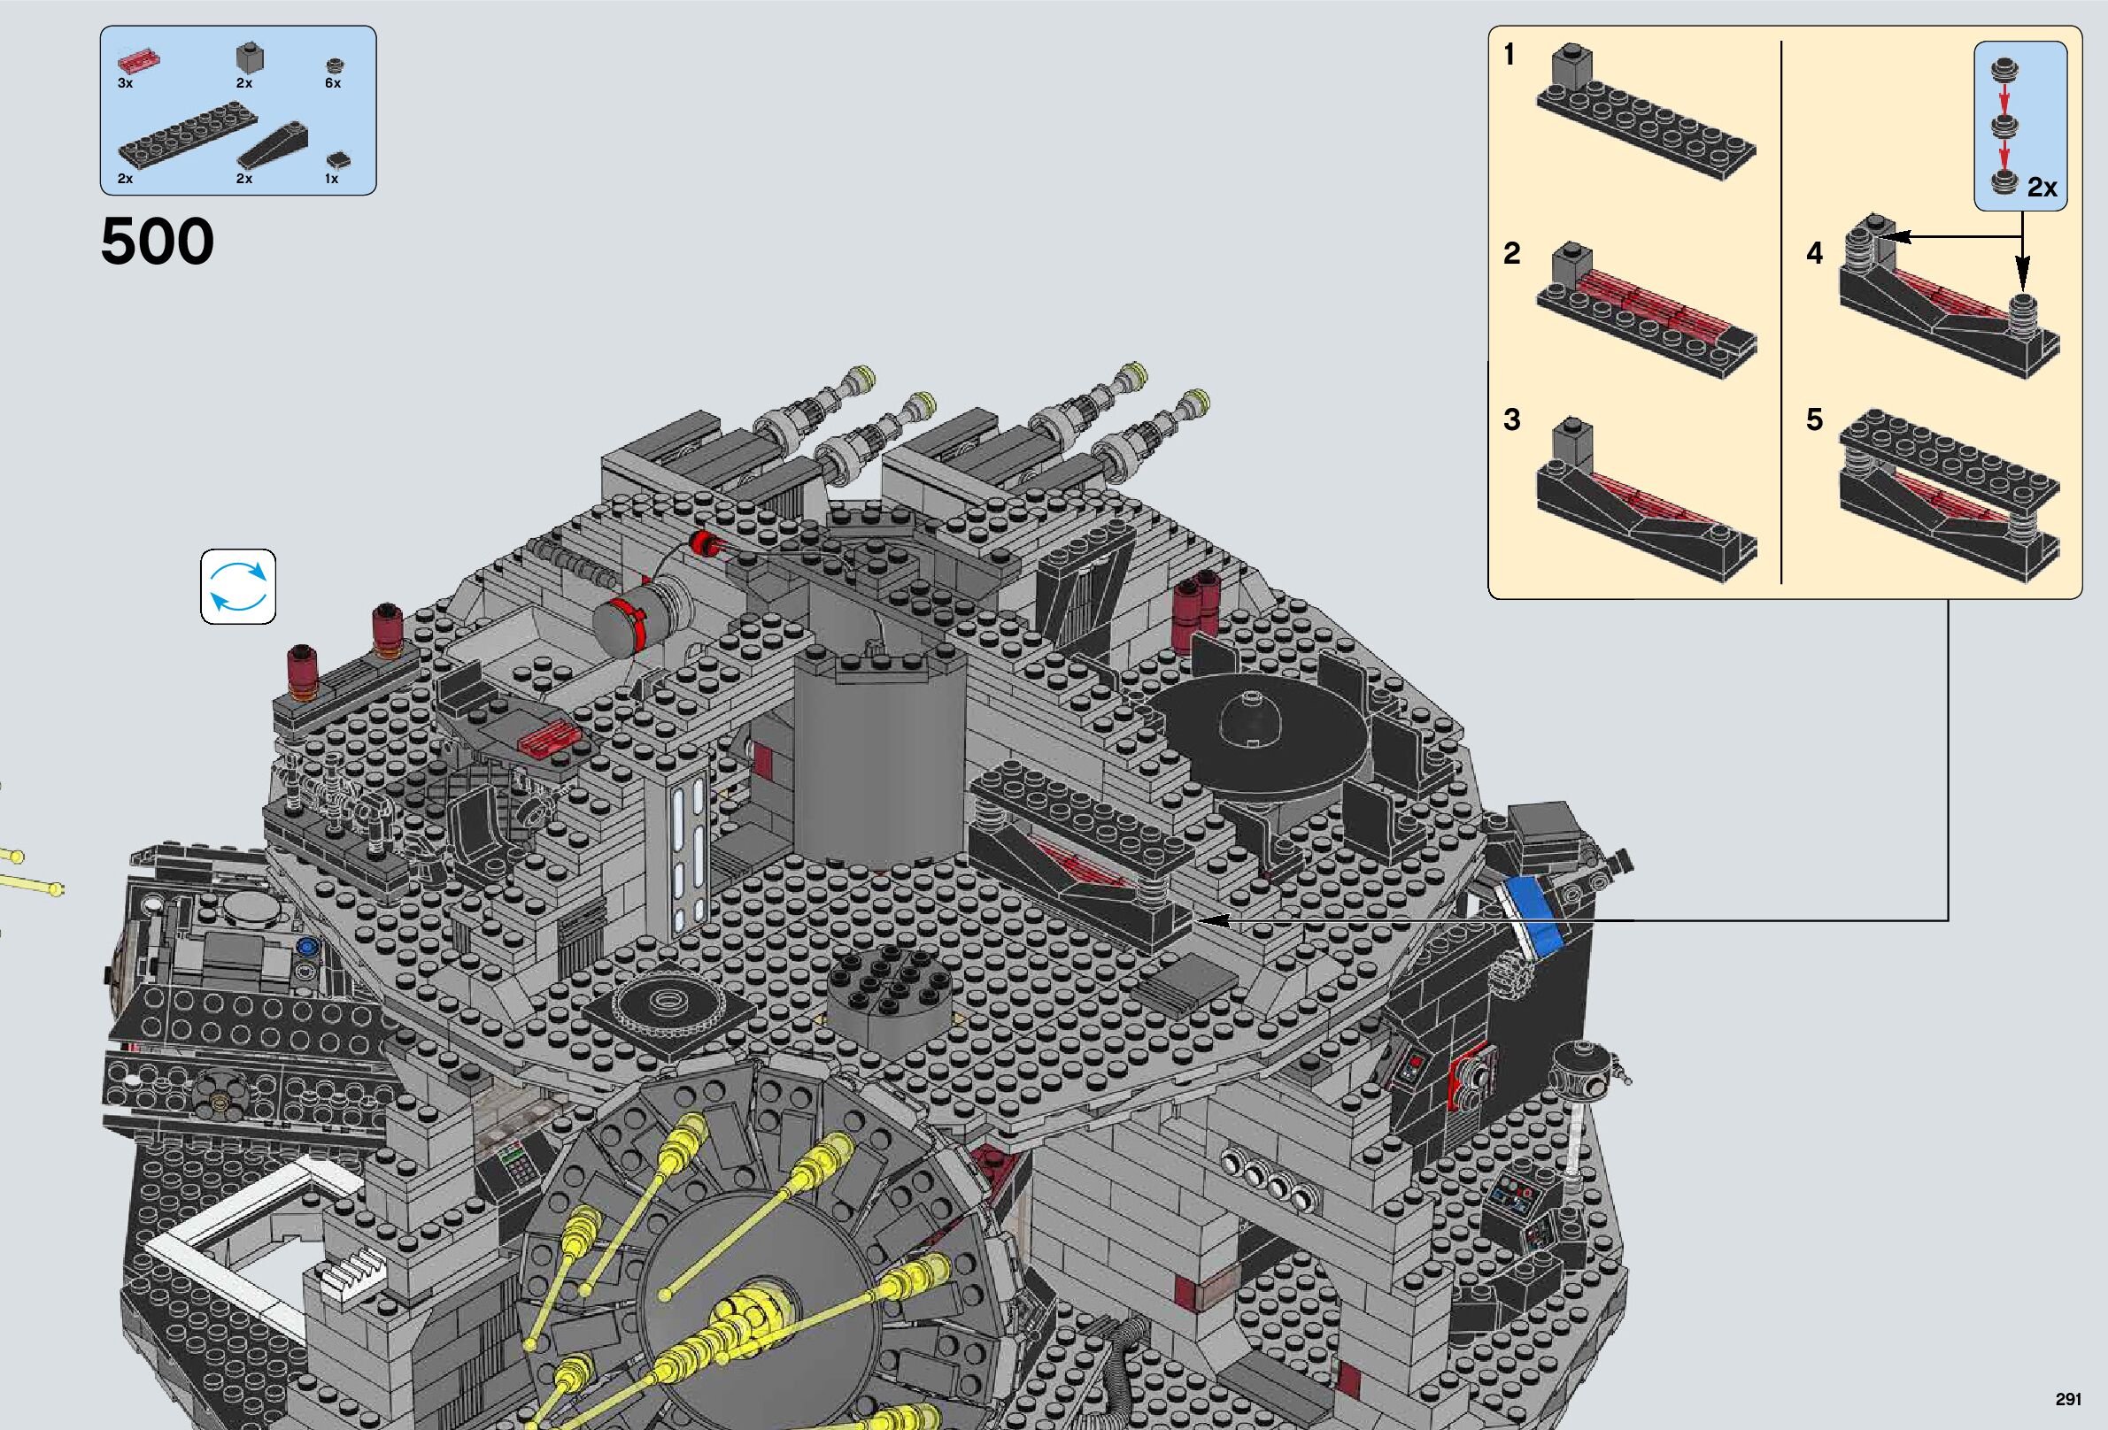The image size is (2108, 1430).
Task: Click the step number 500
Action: point(157,242)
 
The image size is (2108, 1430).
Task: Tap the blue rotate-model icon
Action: point(237,586)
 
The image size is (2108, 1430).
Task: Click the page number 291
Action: point(2068,1399)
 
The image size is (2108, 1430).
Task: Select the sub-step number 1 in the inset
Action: point(1510,56)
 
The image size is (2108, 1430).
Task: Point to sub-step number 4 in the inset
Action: point(1814,252)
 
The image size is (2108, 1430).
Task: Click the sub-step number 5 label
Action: point(1814,419)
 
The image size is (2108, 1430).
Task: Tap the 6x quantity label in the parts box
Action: point(333,83)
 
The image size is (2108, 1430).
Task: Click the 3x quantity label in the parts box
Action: point(125,83)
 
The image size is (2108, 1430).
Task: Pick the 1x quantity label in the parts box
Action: point(332,179)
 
